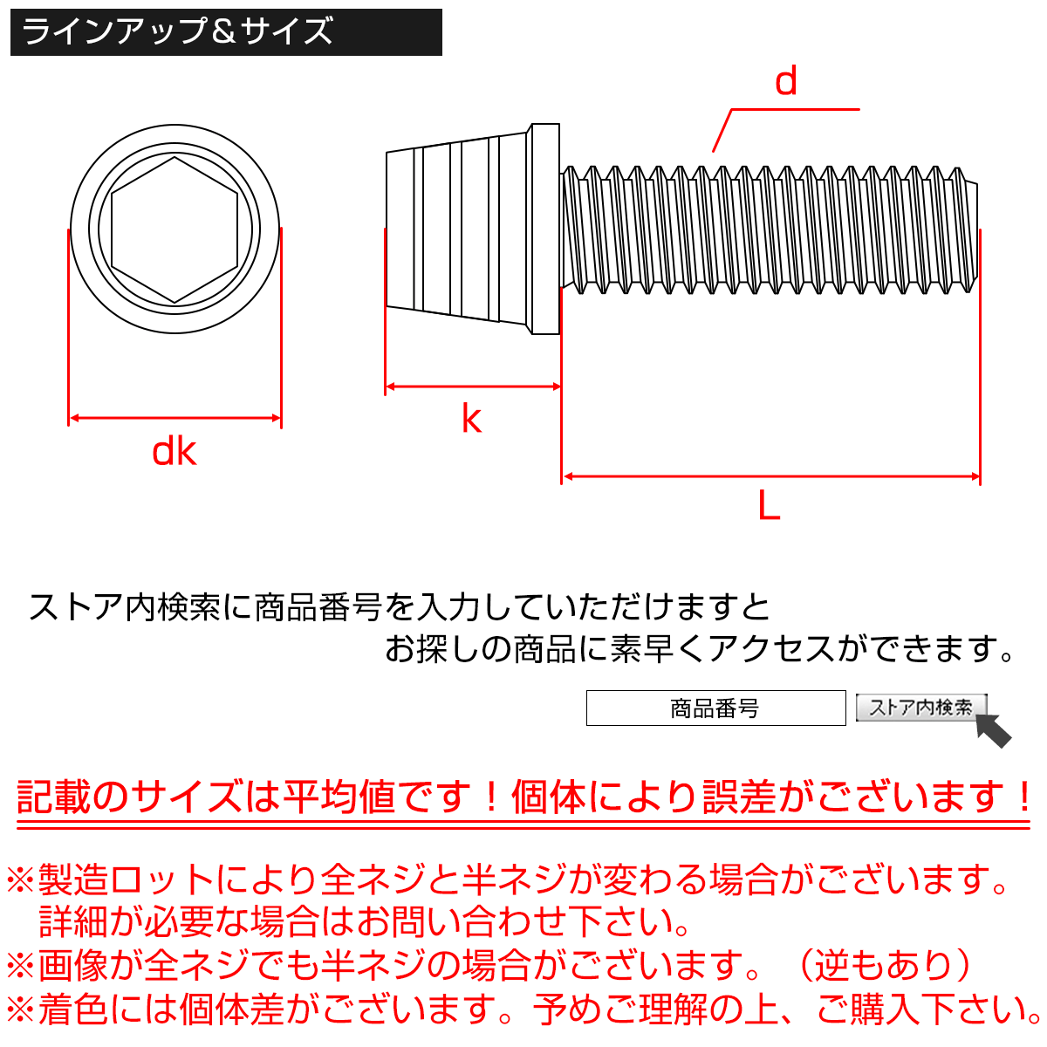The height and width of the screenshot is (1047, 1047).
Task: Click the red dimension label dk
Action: point(174,452)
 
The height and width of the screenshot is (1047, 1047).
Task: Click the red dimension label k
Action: point(471,419)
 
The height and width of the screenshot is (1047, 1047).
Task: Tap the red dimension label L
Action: point(769,505)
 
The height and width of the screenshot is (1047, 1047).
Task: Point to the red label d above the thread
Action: point(786,82)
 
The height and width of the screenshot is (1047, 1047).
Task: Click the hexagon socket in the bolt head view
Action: point(174,230)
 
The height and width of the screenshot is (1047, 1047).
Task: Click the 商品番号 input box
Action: point(715,708)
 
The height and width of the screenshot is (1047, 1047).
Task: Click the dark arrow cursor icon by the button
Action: point(993,730)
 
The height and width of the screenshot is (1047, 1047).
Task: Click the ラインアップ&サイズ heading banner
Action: point(226,32)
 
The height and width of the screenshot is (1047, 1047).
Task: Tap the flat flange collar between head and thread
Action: point(544,229)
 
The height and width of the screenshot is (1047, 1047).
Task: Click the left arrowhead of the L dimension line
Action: point(568,476)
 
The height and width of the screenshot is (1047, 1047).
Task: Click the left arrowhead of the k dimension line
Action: point(392,386)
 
